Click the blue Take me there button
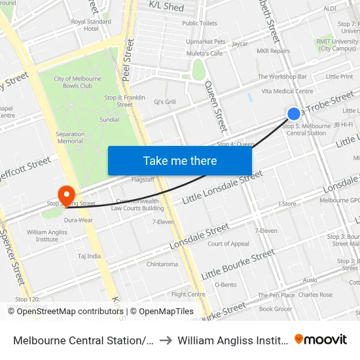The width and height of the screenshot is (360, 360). [x=180, y=160]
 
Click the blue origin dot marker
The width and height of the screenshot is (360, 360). [x=294, y=113]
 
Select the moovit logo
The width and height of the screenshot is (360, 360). [x=321, y=339]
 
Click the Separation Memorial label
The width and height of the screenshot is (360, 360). [x=70, y=137]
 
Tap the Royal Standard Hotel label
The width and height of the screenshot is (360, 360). [x=91, y=25]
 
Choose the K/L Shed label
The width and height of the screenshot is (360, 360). [x=166, y=6]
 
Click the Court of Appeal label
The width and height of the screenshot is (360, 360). [x=228, y=243]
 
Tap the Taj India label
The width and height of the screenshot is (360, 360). [x=89, y=256]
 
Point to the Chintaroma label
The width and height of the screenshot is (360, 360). [x=162, y=264]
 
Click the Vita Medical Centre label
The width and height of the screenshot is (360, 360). [x=287, y=91]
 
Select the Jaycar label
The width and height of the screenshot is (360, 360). [x=240, y=44]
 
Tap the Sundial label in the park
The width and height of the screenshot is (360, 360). [x=109, y=120]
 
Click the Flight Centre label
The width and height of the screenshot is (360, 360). [x=189, y=295]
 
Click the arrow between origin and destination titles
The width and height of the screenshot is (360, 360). [x=166, y=340]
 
